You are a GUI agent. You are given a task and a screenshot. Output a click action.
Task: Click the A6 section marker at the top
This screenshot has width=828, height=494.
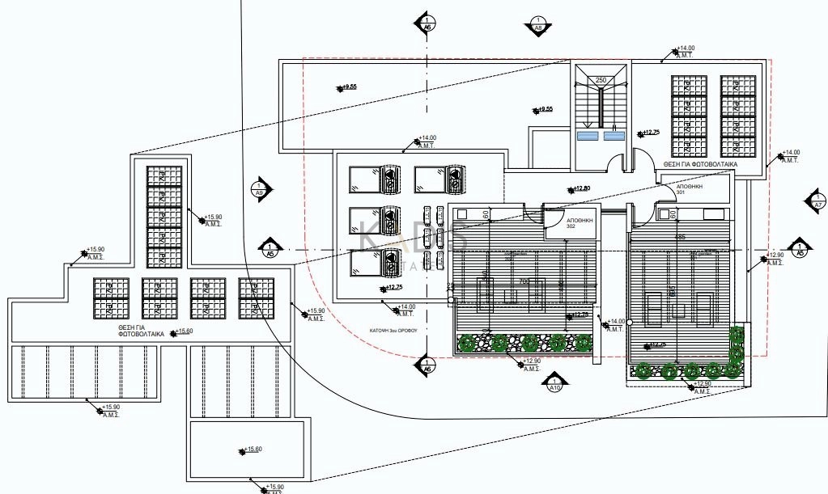427,23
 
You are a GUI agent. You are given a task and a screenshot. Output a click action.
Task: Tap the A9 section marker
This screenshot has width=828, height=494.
259,188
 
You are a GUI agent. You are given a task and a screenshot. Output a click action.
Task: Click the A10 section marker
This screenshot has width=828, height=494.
554,382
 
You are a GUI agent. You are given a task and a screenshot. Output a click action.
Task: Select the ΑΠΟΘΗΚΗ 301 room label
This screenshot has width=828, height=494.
690,189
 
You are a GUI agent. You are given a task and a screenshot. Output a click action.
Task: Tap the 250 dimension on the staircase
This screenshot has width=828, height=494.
601,80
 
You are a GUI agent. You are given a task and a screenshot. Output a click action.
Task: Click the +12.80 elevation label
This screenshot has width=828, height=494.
581,189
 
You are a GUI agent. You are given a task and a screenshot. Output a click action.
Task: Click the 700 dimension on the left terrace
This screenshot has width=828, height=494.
524,281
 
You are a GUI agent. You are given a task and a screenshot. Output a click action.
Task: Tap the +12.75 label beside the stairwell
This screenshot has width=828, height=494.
649,132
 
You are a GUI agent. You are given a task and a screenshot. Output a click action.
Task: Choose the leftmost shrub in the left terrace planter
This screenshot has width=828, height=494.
466,343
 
